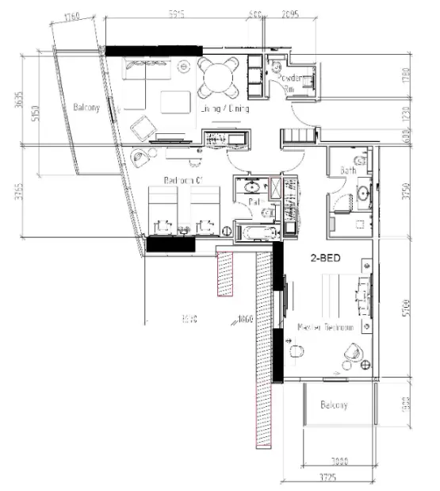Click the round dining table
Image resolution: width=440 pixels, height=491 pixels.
[x=216, y=77]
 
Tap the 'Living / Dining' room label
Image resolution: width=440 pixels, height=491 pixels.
[x=226, y=110]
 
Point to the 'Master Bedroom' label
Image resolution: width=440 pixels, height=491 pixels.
[x=322, y=327]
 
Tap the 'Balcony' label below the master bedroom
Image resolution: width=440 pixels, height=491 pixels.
[x=334, y=405]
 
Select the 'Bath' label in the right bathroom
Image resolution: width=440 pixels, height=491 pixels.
[x=348, y=170]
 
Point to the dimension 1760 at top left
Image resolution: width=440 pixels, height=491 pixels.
[x=73, y=16]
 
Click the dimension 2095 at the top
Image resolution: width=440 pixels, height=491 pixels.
[x=290, y=13]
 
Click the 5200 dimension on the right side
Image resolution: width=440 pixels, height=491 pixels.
[x=406, y=306]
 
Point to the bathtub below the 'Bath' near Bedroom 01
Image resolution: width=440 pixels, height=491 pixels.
[x=254, y=233]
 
